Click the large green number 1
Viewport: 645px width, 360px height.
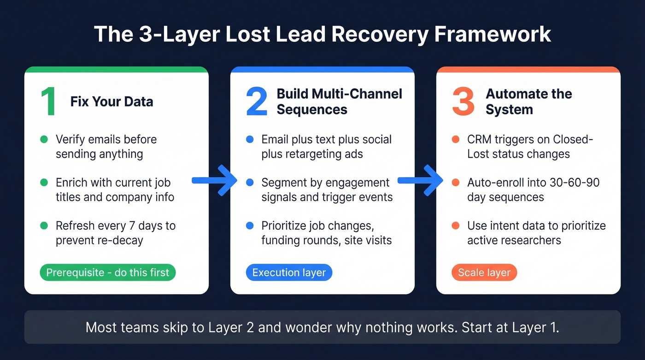(x=48, y=101)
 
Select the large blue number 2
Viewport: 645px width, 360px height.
(x=257, y=101)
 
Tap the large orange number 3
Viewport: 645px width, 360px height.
(x=463, y=101)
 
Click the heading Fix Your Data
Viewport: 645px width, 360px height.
(x=111, y=101)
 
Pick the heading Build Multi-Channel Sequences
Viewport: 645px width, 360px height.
(x=339, y=101)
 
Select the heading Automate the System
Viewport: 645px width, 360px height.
(x=528, y=101)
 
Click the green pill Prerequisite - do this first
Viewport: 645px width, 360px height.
(x=108, y=272)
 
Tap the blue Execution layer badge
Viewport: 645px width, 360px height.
(x=289, y=272)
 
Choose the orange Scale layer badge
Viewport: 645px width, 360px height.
(x=484, y=272)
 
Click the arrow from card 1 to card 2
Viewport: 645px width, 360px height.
(x=215, y=181)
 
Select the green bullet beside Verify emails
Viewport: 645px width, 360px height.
(x=44, y=139)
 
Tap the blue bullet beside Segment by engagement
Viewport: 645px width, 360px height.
(x=250, y=183)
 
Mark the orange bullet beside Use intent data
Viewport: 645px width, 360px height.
(x=456, y=226)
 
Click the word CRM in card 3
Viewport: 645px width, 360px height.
(x=479, y=139)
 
